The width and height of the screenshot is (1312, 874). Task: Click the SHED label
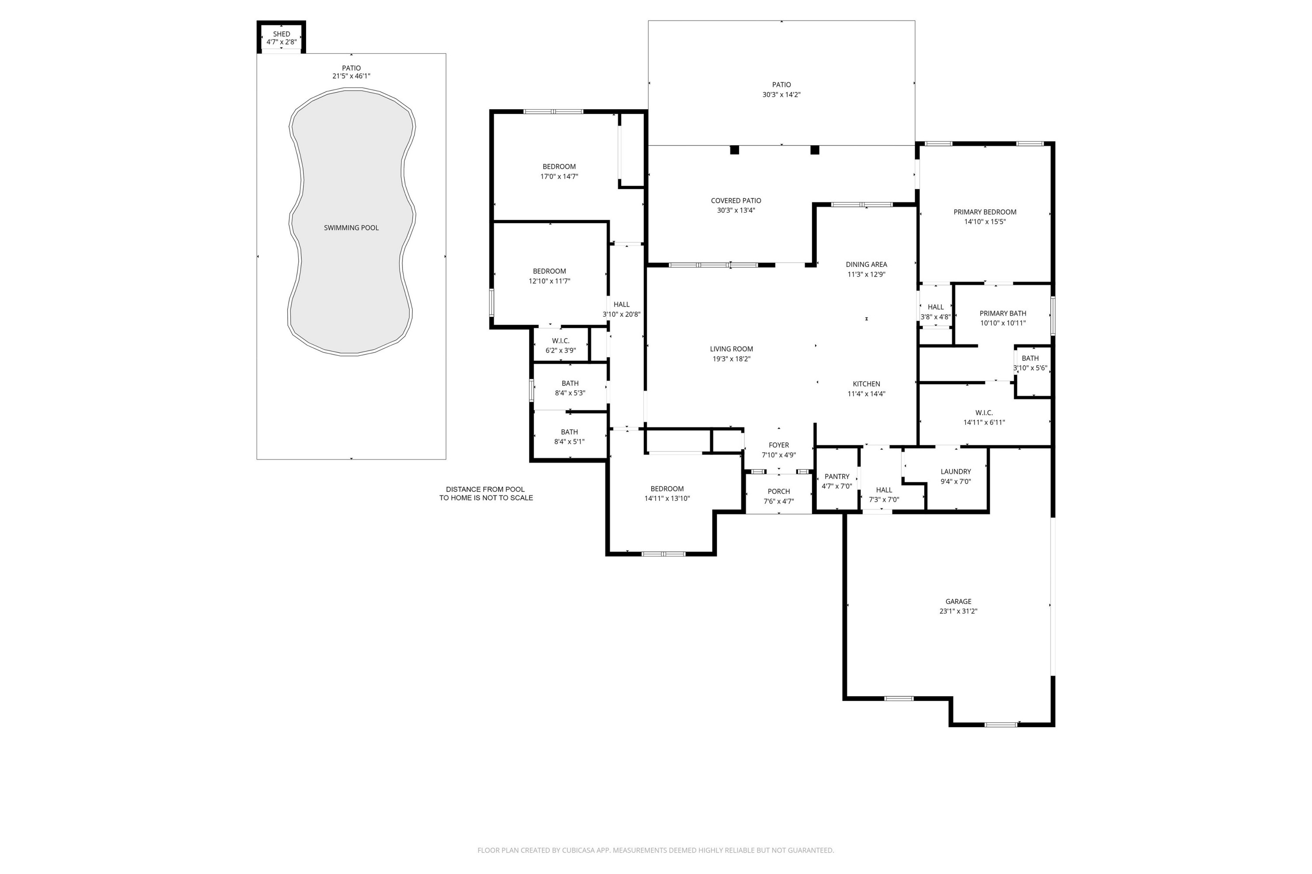(x=281, y=34)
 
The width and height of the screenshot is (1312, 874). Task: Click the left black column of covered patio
(x=734, y=150)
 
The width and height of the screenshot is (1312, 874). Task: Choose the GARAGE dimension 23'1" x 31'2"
(x=958, y=611)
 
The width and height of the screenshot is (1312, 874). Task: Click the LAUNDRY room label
(x=956, y=472)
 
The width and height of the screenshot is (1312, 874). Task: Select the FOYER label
(x=779, y=445)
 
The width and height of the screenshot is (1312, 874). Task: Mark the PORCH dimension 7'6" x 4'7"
(x=779, y=501)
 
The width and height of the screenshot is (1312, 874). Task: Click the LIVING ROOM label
(x=731, y=349)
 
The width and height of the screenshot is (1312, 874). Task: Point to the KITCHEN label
(x=866, y=384)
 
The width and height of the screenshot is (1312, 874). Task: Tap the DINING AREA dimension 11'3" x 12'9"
(x=866, y=274)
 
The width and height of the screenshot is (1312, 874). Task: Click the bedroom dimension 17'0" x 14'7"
(x=559, y=177)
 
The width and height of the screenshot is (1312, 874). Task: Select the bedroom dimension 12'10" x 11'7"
(x=549, y=281)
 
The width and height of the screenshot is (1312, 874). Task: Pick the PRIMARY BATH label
(x=1002, y=313)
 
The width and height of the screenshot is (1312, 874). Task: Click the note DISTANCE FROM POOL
(x=485, y=489)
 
